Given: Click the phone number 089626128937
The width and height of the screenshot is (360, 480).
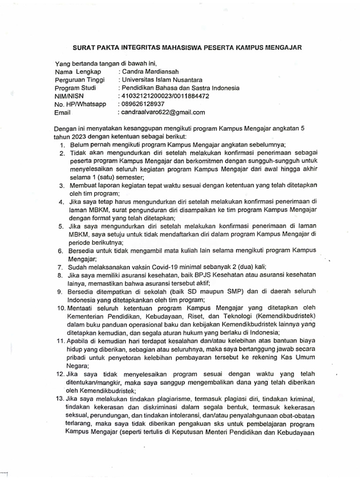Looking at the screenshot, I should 143,104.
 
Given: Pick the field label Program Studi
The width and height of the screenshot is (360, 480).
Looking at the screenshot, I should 75,88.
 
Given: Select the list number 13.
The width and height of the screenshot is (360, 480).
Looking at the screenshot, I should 60,398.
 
